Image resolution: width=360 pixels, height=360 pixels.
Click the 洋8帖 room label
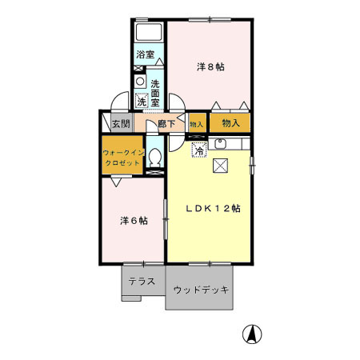pyautogui.click(x=210, y=66)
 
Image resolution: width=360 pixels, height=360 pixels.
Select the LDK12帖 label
pyautogui.click(x=214, y=208)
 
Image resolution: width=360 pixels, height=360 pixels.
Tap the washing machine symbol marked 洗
pyautogui.click(x=142, y=102)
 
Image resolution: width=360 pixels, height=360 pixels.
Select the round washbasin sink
pyautogui.click(x=140, y=82)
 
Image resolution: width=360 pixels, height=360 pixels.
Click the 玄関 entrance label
pyautogui.click(x=120, y=124)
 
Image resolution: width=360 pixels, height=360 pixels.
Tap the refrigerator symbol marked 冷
pyautogui.click(x=198, y=147)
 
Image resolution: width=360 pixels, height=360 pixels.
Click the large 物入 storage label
pyautogui.click(x=230, y=123)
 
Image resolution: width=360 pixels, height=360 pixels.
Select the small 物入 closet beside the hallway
pyautogui.click(x=196, y=124)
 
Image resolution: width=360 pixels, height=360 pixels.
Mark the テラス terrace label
pyautogui.click(x=143, y=282)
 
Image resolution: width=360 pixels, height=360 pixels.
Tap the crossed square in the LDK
pyautogui.click(x=221, y=166)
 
